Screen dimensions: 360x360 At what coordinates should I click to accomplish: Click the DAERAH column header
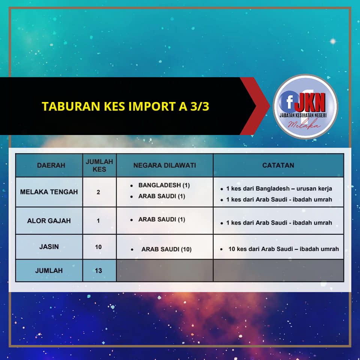51,165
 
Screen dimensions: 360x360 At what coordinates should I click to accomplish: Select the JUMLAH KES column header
99,165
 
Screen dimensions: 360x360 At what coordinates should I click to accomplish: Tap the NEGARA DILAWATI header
165,165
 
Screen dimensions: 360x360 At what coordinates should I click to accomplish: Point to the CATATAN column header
278,165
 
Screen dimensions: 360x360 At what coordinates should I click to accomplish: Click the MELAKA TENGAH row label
49,192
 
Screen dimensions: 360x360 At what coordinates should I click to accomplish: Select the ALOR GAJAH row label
49,221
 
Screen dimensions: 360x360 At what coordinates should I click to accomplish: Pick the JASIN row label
49,247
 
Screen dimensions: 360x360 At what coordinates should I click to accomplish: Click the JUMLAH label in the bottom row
49,271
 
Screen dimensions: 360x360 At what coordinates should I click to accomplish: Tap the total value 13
98,271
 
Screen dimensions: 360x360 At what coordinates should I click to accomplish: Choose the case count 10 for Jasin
98,247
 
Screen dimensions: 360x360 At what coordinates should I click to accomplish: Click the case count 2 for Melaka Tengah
98,192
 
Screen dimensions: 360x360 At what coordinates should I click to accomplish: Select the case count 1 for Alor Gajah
98,221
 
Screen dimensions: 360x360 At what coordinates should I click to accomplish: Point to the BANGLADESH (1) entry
164,185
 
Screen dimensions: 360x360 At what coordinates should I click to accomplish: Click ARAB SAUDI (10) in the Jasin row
166,249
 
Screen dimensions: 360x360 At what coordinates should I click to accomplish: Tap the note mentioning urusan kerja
279,189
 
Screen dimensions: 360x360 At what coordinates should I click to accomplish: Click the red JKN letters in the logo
310,102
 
